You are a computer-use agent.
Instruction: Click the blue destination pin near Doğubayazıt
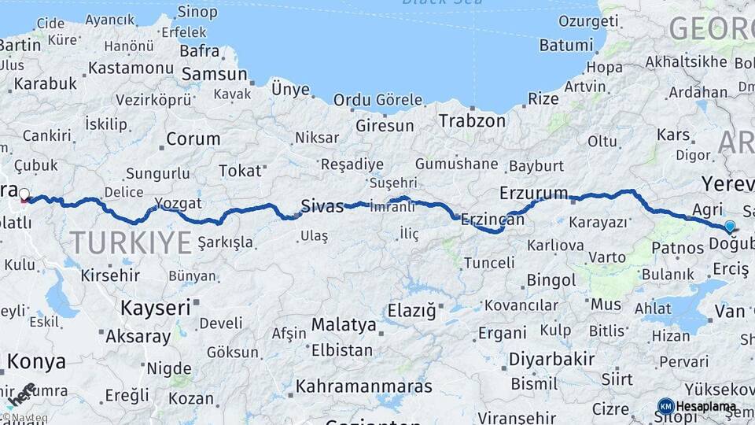pos(730,227)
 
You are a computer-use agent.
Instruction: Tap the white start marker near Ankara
pos(24,194)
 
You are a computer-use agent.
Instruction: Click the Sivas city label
pos(322,207)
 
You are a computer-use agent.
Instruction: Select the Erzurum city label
pos(533,193)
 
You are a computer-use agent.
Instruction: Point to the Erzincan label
pos(492,220)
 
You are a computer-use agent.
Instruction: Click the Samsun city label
pos(214,74)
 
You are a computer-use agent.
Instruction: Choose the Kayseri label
pos(155,307)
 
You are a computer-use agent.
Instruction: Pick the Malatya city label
pos(344,324)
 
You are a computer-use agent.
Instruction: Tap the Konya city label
pos(36,362)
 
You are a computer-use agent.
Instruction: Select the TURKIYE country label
pos(131,242)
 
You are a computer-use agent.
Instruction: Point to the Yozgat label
pos(178,203)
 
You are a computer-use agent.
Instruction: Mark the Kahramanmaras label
pos(364,386)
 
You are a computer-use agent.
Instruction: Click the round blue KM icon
pos(665,406)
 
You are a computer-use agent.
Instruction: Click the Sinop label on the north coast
pos(197,11)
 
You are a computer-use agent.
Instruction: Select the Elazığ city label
pos(411,311)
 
